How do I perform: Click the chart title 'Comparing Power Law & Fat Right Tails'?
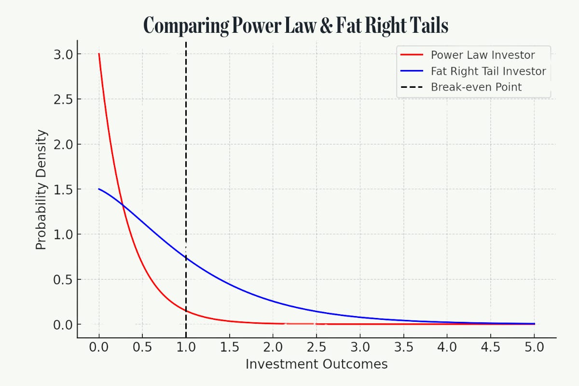[296, 25]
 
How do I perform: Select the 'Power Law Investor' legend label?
[482, 55]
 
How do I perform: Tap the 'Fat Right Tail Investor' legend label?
[488, 71]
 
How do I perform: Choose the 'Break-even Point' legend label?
[476, 87]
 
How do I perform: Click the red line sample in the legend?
[412, 55]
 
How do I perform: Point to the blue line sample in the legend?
[412, 71]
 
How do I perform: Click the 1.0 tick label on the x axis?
[186, 347]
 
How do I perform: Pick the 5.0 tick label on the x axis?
[534, 347]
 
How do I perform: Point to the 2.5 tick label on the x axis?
[317, 347]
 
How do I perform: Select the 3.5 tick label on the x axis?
[403, 347]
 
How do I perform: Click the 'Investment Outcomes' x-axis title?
[317, 364]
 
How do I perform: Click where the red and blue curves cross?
[124, 207]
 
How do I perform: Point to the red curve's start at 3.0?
[99, 54]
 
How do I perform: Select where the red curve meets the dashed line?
[186, 311]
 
